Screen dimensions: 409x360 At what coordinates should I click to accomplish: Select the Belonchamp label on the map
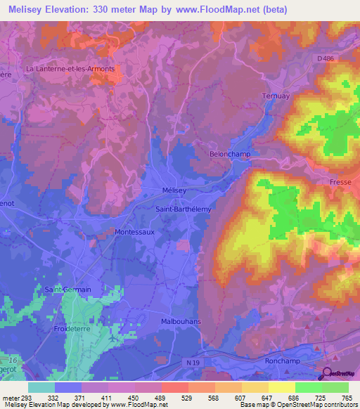pyautogui.click(x=230, y=153)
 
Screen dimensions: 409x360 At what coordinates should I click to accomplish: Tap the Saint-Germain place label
pyautogui.click(x=68, y=289)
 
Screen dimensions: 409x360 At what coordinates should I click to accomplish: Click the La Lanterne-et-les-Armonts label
pyautogui.click(x=70, y=69)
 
